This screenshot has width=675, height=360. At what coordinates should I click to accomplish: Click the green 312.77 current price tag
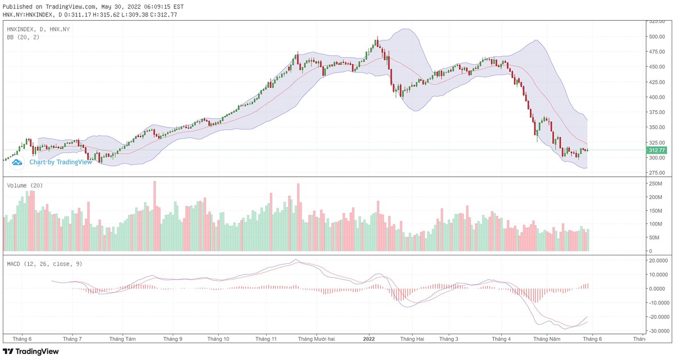[657, 150]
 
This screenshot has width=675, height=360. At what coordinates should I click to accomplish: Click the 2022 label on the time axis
[369, 339]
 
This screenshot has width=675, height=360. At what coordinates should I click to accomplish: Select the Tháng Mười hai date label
[316, 339]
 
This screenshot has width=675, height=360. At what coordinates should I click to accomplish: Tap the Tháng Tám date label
[123, 339]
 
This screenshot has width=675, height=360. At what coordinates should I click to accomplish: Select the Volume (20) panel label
[25, 185]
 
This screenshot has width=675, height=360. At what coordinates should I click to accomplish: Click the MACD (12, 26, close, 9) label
[44, 263]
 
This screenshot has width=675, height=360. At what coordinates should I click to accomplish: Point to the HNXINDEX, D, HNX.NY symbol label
[38, 28]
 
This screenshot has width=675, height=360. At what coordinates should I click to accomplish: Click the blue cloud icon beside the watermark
[17, 162]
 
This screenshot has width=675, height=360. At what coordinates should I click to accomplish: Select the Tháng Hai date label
[412, 339]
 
